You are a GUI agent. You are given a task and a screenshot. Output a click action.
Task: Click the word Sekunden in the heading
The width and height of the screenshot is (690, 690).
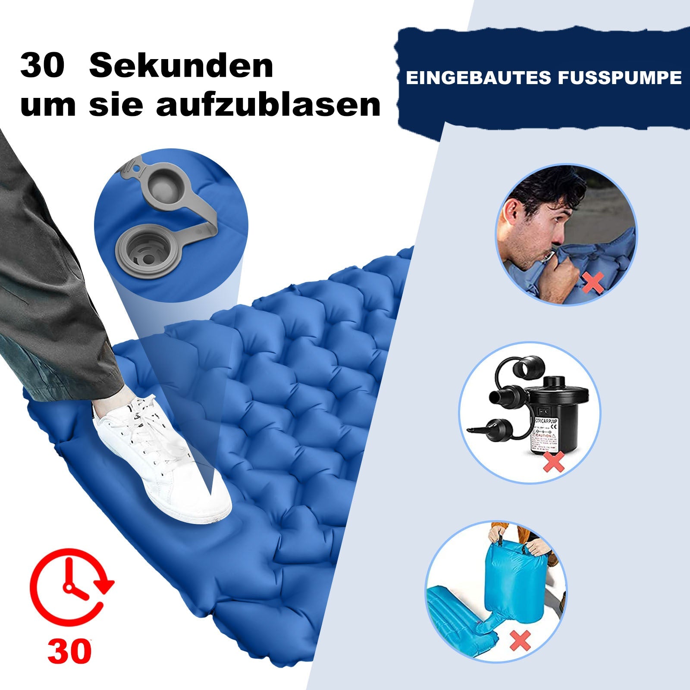181,66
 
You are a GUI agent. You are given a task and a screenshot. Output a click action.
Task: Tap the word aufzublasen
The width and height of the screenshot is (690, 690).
269,105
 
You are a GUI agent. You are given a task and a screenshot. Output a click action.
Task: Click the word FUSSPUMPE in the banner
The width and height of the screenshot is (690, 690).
620,78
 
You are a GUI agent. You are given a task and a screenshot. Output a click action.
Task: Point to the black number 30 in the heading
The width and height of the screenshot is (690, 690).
42,66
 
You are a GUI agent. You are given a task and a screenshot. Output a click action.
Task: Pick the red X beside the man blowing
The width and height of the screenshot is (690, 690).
593,282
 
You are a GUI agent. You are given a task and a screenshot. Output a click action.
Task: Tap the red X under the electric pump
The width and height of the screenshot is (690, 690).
553,463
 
